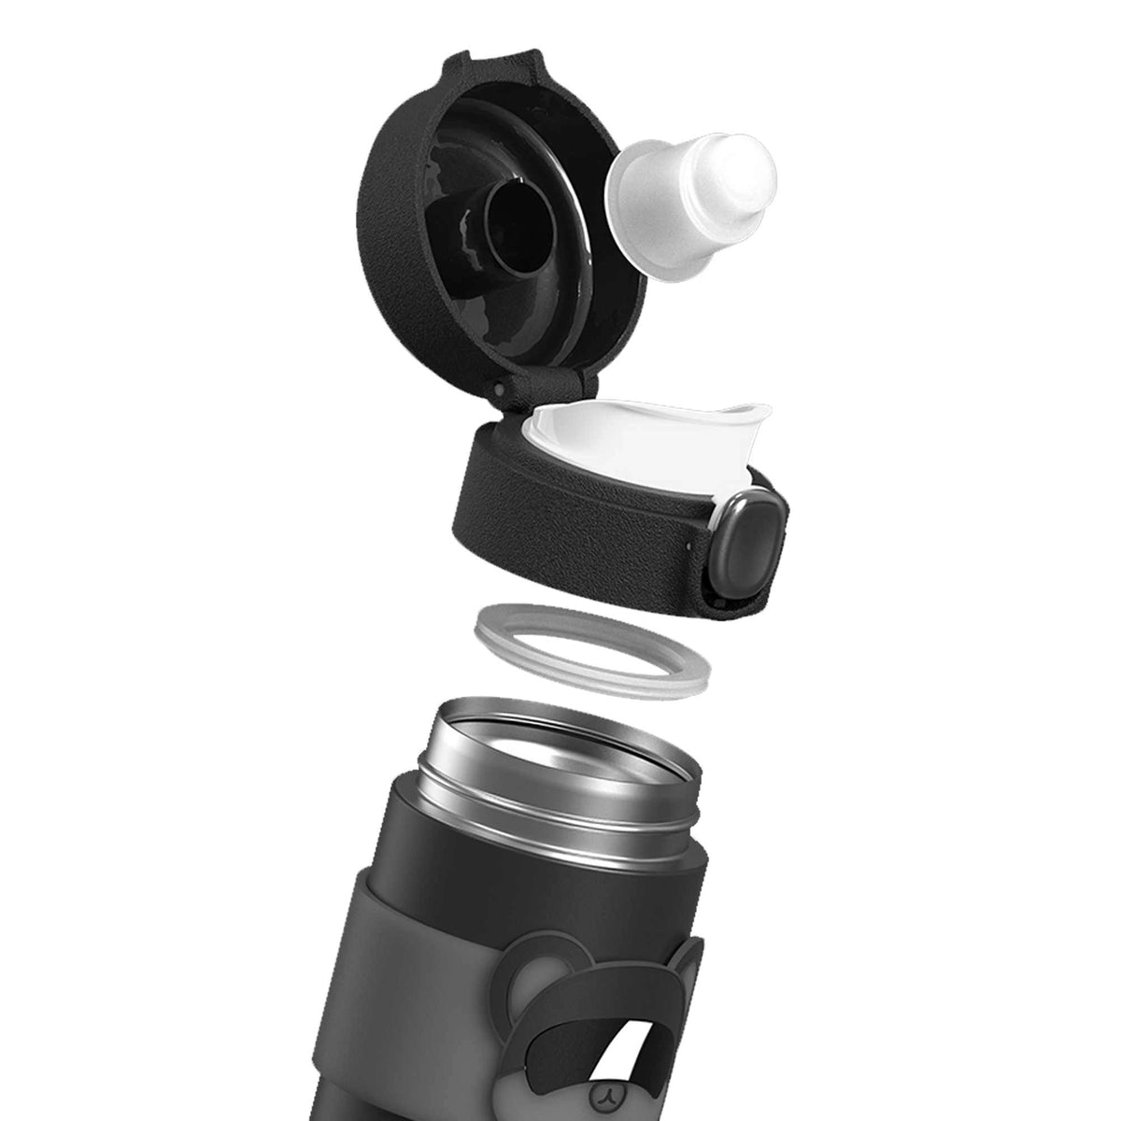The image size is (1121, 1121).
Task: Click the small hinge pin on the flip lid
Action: (504, 387)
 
